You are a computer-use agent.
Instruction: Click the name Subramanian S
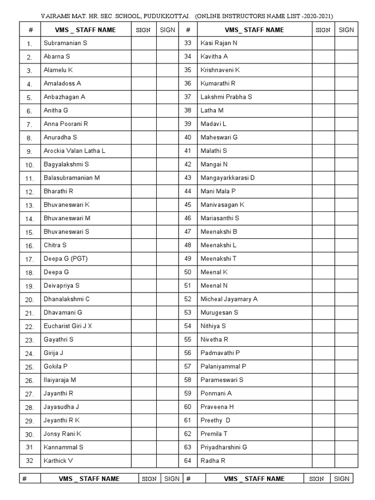(x=65, y=43)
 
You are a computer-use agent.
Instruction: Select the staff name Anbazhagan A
(x=64, y=97)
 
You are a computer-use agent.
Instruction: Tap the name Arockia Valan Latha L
(x=74, y=151)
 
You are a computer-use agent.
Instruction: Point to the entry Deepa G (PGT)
(x=66, y=258)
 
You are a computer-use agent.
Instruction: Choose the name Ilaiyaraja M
(x=60, y=379)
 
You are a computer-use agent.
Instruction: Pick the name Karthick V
(x=58, y=460)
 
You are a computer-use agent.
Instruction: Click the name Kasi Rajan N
(x=219, y=43)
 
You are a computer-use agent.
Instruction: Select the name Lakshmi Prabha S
(x=226, y=97)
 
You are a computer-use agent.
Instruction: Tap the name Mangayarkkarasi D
(x=228, y=178)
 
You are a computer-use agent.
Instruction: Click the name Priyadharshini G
(x=224, y=447)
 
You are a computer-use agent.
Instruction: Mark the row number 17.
(x=29, y=259)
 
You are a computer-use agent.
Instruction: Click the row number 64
(x=187, y=460)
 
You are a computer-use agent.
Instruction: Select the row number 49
(x=187, y=258)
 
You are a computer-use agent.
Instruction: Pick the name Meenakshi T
(x=218, y=258)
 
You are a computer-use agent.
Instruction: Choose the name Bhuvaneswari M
(x=67, y=218)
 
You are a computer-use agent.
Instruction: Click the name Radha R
(x=213, y=460)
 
